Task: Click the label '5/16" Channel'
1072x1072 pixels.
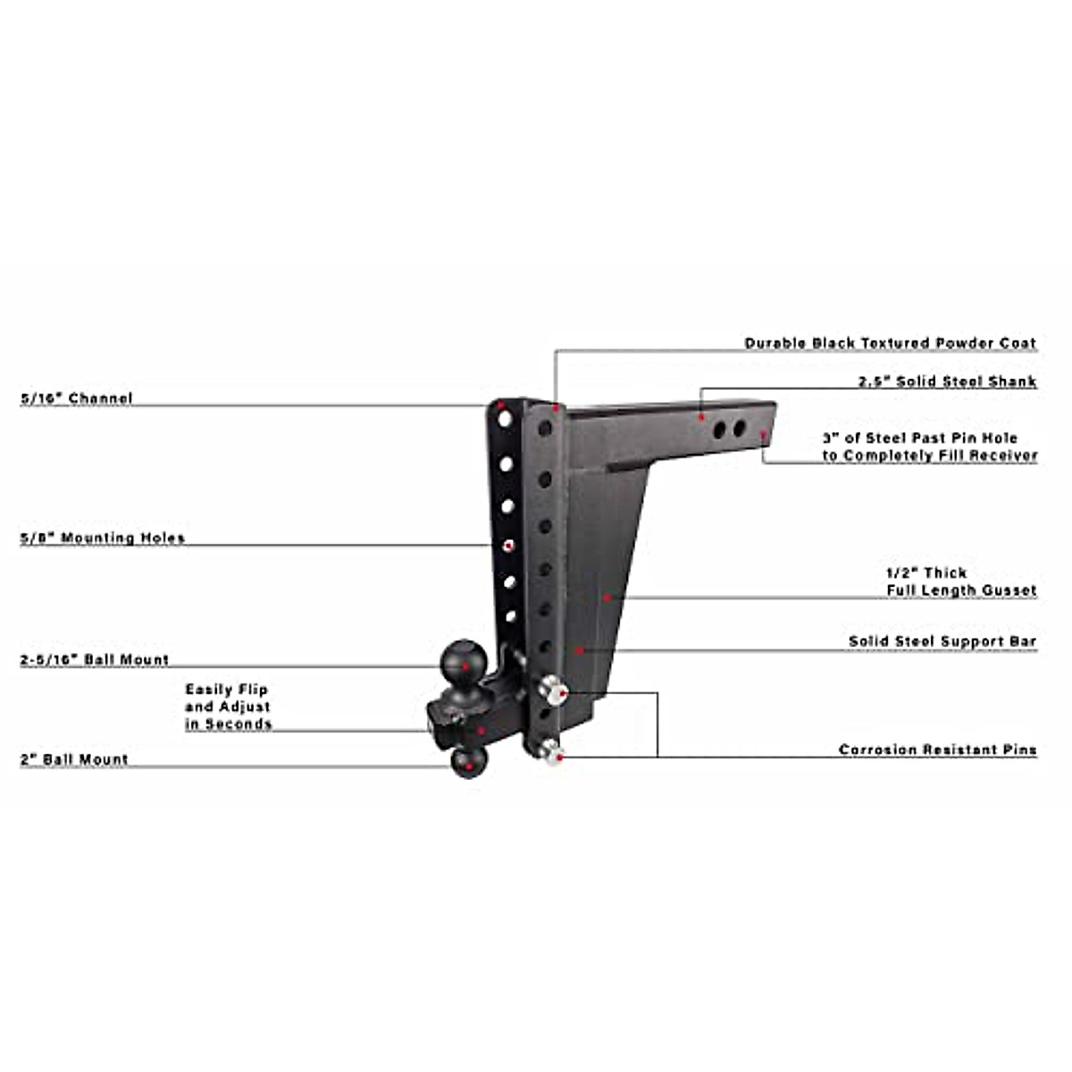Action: [77, 398]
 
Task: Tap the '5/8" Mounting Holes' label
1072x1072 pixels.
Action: [103, 538]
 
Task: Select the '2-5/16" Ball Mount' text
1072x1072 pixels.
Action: [95, 660]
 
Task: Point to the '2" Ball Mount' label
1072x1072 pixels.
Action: [74, 759]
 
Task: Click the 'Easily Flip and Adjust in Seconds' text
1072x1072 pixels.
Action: [228, 707]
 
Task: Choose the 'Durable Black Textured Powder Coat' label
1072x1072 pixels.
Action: [890, 343]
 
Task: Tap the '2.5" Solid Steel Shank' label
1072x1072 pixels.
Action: [947, 381]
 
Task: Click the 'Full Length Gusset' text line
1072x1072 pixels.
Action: [961, 590]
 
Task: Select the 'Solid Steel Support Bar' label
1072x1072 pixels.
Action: [942, 641]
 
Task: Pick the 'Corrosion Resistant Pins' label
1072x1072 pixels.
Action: [937, 750]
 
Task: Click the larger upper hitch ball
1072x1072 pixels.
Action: [464, 659]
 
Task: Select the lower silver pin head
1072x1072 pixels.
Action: [549, 753]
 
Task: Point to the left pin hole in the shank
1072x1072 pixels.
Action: [719, 431]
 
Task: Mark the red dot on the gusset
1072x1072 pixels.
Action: [607, 597]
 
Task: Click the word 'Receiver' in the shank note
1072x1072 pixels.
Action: [1003, 456]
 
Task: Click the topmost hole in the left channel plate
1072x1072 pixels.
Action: [506, 418]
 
